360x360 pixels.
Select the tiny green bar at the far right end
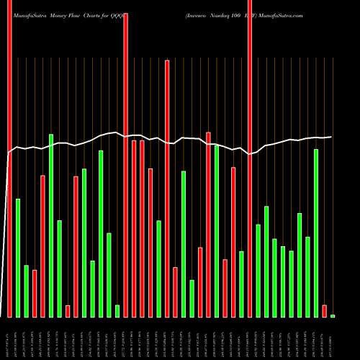[x=333, y=316]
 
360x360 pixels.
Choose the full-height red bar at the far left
[x=9, y=158]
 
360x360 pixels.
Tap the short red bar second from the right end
[x=325, y=311]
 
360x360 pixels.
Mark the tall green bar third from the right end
[x=316, y=233]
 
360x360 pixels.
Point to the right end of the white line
[x=331, y=137]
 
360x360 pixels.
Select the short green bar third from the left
[x=26, y=291]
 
